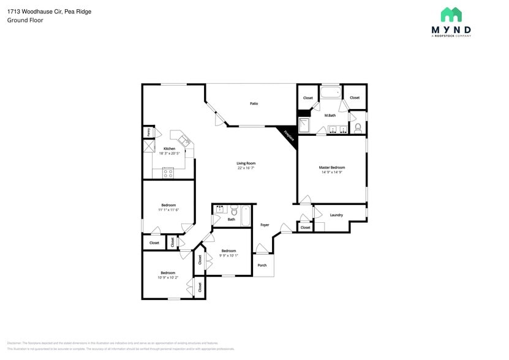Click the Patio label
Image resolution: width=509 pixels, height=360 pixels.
254,103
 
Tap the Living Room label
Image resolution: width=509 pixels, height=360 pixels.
246,163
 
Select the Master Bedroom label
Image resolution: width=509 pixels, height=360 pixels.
332,167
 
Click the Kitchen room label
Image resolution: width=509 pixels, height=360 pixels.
169,149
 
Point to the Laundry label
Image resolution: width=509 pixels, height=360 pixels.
336,215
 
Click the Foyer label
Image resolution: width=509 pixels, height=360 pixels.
265,225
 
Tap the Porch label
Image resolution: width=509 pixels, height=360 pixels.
262,265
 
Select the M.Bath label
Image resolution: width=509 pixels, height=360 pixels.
330,115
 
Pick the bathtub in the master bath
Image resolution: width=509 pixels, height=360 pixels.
331,93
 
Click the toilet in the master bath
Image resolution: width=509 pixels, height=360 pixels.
358,129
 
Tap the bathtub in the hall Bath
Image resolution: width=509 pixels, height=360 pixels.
246,215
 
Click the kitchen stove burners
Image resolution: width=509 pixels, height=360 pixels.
168,173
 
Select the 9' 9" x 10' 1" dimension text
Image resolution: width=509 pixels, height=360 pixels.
229,255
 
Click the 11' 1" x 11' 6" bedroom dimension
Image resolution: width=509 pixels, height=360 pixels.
168,210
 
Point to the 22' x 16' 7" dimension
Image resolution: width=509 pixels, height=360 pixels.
246,168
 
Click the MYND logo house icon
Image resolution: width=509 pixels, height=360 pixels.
451,15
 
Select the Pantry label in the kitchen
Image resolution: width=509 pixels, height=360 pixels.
148,132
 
